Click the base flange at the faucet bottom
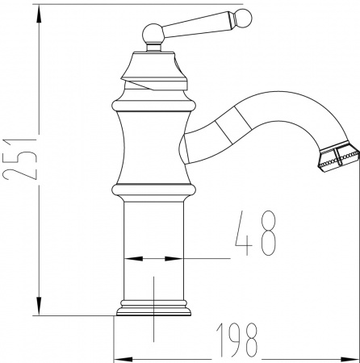153,311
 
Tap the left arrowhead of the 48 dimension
129,260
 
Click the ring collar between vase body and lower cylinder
153,190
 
